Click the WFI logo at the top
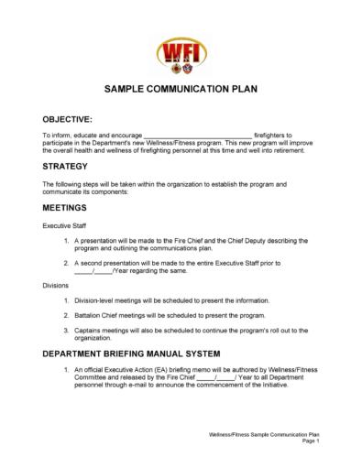click(180, 50)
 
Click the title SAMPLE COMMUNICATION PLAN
click(181, 93)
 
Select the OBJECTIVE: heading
click(67, 120)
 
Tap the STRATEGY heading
click(65, 167)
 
